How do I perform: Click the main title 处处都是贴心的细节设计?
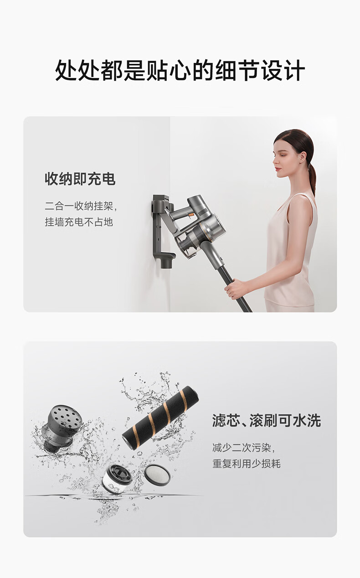pyautogui.click(x=180, y=71)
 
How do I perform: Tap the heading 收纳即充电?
pyautogui.click(x=80, y=179)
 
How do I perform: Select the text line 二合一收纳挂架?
pyautogui.click(x=81, y=206)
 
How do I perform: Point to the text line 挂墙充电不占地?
pyautogui.click(x=79, y=222)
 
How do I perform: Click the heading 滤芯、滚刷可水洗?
pyautogui.click(x=267, y=421)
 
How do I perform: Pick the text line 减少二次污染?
pyautogui.click(x=244, y=448)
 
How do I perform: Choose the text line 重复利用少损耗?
pyautogui.click(x=246, y=464)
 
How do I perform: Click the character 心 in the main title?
pyautogui.click(x=180, y=71)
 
